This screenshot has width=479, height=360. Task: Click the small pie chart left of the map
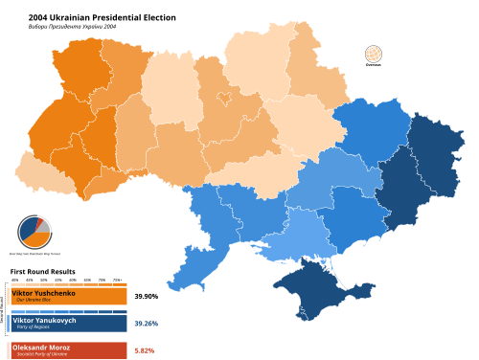pos(34,231)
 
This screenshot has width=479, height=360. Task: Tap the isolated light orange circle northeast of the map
pos(373,54)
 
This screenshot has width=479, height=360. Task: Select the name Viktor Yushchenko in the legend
pos(43,293)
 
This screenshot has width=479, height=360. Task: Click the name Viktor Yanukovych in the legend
pos(44,320)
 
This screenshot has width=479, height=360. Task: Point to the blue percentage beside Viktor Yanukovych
pos(146,324)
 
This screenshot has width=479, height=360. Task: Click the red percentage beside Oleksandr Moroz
pos(144,350)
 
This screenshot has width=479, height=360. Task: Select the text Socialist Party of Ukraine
pos(42,354)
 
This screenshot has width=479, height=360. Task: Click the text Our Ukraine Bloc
pos(34,300)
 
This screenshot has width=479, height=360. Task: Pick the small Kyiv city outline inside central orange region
pos(224,98)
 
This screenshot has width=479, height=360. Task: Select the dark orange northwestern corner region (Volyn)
pos(77,67)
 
